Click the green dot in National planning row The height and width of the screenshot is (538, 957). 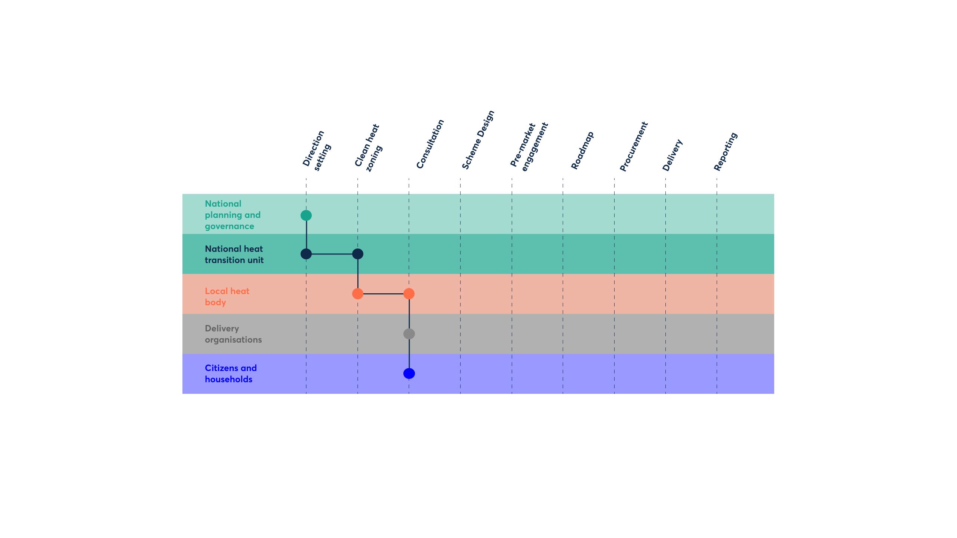(306, 215)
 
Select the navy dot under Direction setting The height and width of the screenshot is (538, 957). (306, 254)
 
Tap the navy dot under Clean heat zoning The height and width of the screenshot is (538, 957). (358, 254)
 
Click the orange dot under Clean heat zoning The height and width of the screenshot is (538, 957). (358, 294)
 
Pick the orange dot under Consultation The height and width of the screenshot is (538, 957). (409, 294)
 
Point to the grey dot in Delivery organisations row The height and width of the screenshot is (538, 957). (409, 334)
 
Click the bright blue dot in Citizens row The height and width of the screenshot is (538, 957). (409, 373)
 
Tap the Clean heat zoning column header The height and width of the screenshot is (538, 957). (369, 148)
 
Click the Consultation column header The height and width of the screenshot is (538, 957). (430, 144)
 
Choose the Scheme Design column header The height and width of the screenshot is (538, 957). (478, 140)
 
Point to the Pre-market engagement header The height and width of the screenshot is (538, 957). (529, 146)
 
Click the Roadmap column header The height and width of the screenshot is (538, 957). (582, 150)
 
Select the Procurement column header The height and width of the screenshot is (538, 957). (634, 146)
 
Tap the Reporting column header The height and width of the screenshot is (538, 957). (725, 151)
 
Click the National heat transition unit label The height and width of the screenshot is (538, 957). (234, 254)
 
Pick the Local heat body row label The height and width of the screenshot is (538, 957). (227, 297)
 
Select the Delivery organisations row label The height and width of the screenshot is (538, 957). (233, 334)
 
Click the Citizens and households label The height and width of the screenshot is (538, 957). (231, 374)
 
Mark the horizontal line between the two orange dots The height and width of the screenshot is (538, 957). (383, 294)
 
